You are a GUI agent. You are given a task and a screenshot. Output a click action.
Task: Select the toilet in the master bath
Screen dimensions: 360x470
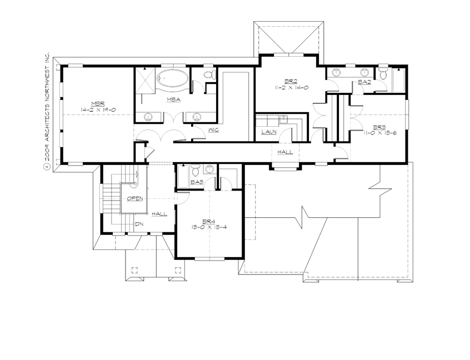pos(209,74)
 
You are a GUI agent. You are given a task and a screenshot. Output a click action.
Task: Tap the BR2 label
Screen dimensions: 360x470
pos(287,81)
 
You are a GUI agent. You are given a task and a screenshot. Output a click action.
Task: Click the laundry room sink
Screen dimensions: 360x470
pos(283,118)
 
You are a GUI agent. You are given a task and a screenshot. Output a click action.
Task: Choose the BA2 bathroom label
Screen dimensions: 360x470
pos(364,82)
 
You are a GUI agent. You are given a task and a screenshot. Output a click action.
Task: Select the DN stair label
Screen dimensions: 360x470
pos(139,224)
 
